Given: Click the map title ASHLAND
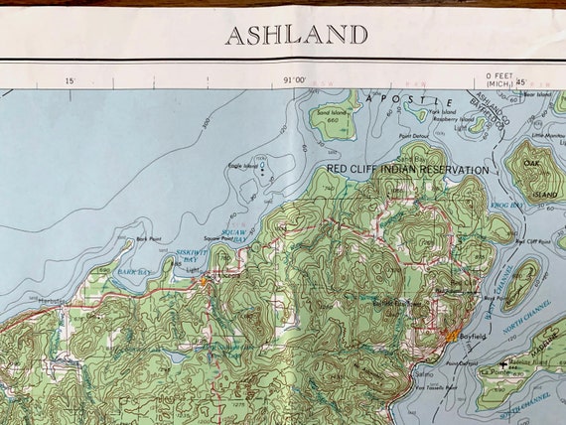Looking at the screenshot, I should click(x=296, y=35).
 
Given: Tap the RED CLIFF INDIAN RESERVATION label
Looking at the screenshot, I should click(x=408, y=170).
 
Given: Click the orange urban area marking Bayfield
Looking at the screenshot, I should click(x=453, y=337).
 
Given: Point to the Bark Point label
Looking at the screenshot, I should click(x=148, y=238).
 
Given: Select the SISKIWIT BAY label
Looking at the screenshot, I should click(x=190, y=256).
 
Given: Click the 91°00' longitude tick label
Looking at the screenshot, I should click(x=293, y=79).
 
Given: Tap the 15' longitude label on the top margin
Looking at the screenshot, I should click(x=70, y=79).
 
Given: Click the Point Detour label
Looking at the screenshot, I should click(x=413, y=136).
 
